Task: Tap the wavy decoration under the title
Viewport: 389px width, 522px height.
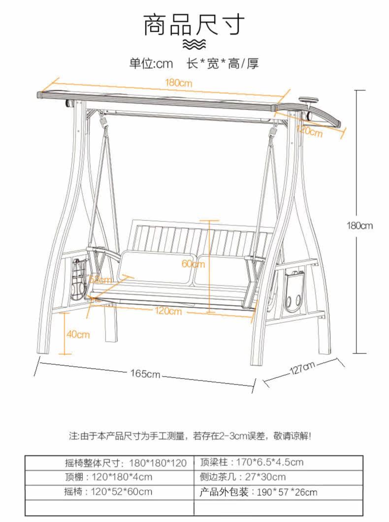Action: (x=194, y=45)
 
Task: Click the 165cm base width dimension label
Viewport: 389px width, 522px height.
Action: (x=146, y=374)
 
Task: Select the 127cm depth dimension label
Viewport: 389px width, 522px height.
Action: (x=302, y=368)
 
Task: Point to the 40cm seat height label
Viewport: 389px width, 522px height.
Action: (x=78, y=334)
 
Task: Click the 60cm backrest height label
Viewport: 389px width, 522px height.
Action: (x=193, y=263)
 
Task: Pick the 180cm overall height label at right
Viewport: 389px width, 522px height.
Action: (x=360, y=226)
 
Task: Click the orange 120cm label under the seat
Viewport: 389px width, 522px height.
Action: (x=168, y=311)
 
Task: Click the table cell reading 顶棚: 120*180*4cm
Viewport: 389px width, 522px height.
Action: (x=108, y=477)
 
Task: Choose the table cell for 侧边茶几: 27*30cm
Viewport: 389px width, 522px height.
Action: (x=243, y=477)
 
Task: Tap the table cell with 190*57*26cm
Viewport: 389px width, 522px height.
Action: (x=259, y=491)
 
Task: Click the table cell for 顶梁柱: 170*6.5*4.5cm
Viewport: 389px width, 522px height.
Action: (x=252, y=462)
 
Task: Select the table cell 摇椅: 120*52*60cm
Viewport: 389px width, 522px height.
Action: (x=108, y=491)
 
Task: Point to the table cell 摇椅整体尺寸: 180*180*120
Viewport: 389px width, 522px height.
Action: (x=126, y=462)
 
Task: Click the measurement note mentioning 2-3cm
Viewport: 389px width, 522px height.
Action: (x=190, y=436)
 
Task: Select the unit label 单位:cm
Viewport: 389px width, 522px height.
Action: (x=151, y=64)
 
